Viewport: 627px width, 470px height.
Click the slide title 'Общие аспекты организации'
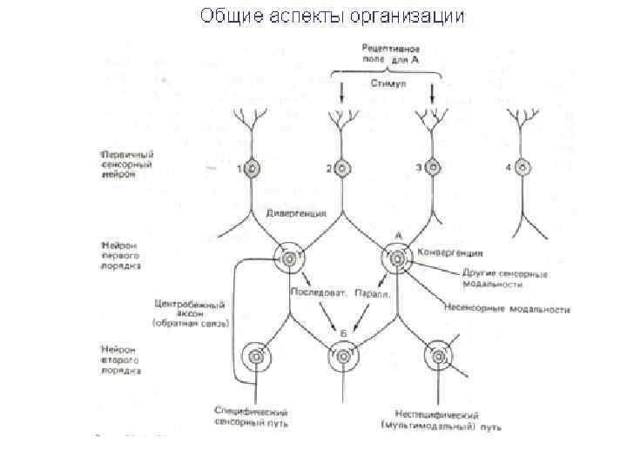point(332,16)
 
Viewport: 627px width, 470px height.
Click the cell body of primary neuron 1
point(253,169)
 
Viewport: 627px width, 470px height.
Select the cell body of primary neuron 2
point(342,169)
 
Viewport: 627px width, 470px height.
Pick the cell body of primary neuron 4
point(524,168)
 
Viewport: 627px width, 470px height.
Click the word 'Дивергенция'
point(296,212)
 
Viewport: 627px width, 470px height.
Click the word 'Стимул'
point(387,84)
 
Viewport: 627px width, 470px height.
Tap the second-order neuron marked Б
point(342,356)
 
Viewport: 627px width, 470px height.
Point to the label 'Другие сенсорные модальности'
point(494,279)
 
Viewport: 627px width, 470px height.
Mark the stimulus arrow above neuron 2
point(342,91)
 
